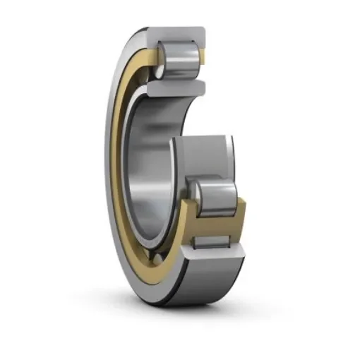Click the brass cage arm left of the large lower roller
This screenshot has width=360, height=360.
185,212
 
